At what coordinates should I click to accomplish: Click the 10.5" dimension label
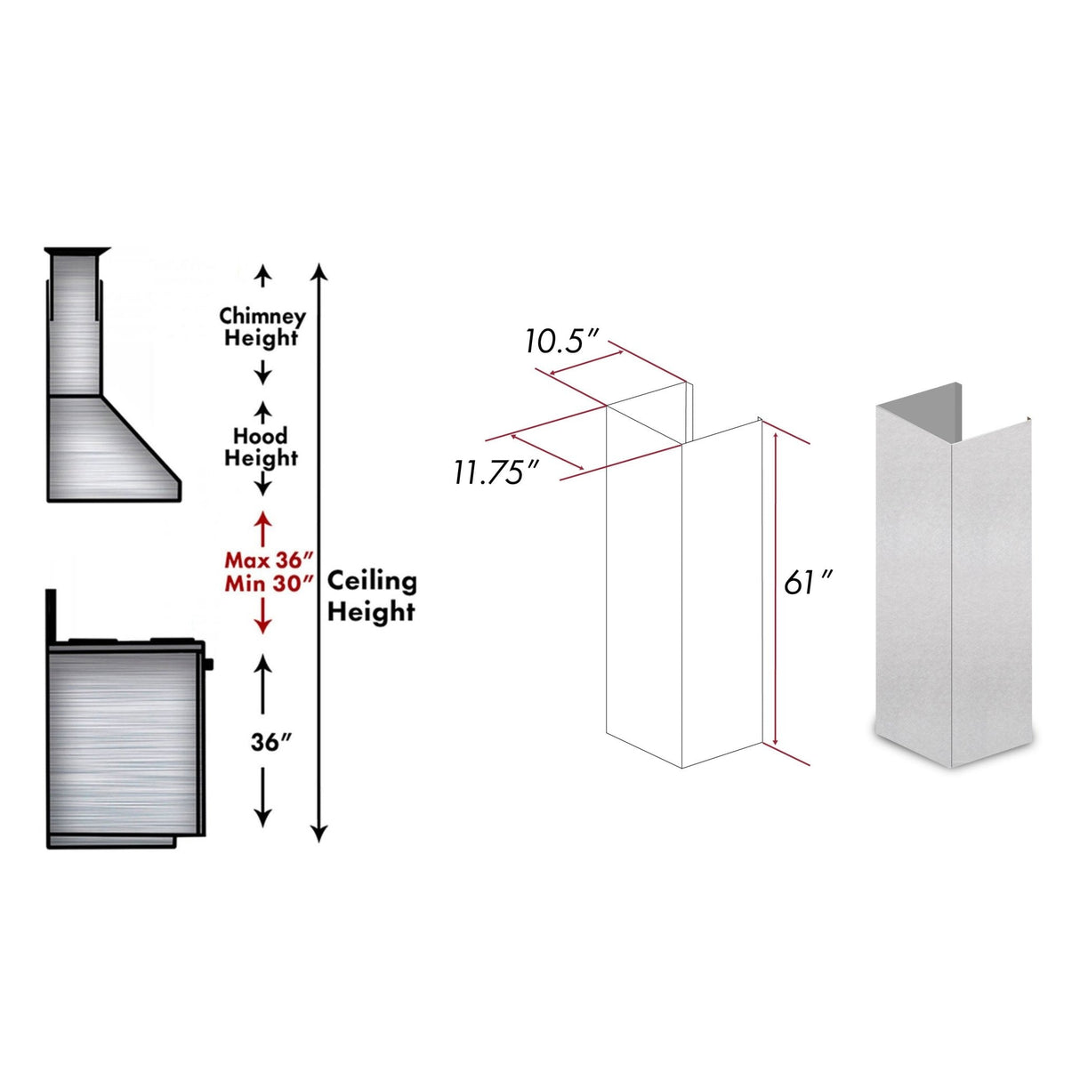tap(563, 341)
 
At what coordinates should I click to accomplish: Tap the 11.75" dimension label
tap(496, 471)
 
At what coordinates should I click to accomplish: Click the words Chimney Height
tap(262, 326)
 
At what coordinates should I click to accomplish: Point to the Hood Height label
tap(261, 447)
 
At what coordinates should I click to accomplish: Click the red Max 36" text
tap(270, 560)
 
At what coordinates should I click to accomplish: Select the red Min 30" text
tap(270, 584)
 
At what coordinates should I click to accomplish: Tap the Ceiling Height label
tap(371, 596)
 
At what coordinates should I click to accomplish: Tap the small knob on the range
tap(208, 664)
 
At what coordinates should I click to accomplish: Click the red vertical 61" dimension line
tap(776, 587)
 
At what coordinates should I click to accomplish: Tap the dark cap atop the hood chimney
tap(78, 250)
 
